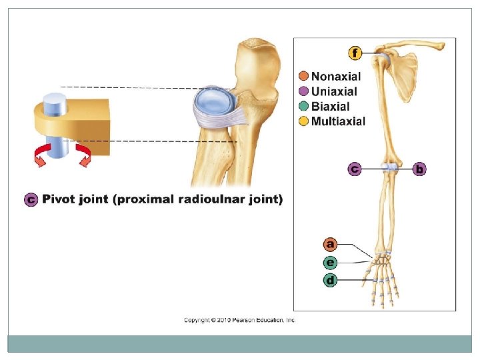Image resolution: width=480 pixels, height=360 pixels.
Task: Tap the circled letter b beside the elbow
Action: pyautogui.click(x=419, y=169)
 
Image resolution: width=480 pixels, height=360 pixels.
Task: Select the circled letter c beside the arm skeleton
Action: pyautogui.click(x=354, y=169)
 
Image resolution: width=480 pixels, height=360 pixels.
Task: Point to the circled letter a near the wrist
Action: pyautogui.click(x=330, y=244)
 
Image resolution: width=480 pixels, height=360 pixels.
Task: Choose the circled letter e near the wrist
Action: pyautogui.click(x=330, y=262)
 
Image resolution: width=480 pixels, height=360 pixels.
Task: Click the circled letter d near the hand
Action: pyautogui.click(x=330, y=280)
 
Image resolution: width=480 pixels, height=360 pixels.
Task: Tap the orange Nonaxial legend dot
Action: pyautogui.click(x=304, y=77)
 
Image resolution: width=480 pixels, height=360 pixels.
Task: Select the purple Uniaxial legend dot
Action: pyautogui.click(x=304, y=91)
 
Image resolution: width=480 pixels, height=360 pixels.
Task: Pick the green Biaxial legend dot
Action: pyautogui.click(x=304, y=106)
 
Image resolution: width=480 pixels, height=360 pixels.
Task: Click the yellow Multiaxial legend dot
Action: pyautogui.click(x=304, y=121)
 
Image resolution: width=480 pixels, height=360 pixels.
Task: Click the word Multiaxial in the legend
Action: pyautogui.click(x=339, y=121)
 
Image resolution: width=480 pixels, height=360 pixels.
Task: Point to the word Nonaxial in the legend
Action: pyautogui.click(x=336, y=77)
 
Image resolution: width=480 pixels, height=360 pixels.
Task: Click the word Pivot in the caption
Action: pyautogui.click(x=59, y=199)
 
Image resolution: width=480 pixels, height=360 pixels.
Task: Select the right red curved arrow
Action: pyautogui.click(x=84, y=155)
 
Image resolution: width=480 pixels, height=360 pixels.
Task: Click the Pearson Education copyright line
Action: pyautogui.click(x=239, y=320)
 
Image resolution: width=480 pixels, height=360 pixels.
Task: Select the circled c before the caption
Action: pyautogui.click(x=30, y=199)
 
